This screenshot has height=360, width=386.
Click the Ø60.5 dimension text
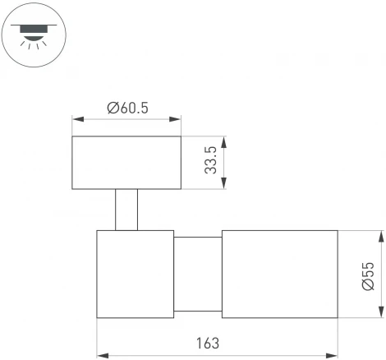tap(127, 108)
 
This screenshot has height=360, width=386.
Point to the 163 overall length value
tap(209, 344)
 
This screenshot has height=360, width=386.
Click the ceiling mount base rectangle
tap(126, 163)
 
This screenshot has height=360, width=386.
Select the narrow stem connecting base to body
tap(126, 210)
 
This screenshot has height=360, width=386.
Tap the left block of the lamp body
tap(136, 274)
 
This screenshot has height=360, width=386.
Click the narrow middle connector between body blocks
tap(198, 274)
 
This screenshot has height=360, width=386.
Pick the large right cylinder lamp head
tap(279, 274)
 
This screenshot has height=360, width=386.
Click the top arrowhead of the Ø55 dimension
tap(380, 235)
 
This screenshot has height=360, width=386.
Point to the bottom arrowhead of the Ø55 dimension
tap(380, 313)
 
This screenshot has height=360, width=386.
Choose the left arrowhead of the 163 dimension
tap(101, 356)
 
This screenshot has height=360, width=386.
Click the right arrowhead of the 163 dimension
tap(333, 356)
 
